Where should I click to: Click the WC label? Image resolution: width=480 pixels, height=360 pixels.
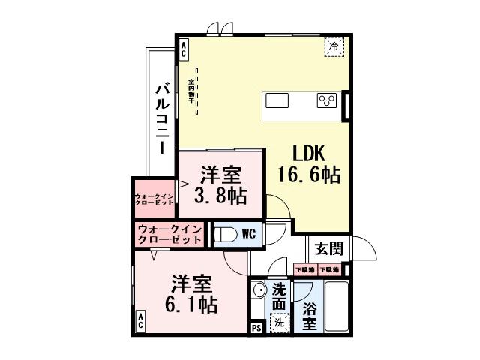[x=248, y=234]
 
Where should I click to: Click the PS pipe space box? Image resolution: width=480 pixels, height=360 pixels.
[x=256, y=326]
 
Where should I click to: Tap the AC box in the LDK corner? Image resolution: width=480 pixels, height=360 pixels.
[x=183, y=49]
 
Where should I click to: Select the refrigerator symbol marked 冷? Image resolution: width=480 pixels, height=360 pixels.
[x=334, y=46]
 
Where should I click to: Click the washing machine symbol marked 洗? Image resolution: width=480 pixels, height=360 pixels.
[x=277, y=323]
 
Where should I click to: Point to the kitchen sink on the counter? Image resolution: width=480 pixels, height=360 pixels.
[x=276, y=101]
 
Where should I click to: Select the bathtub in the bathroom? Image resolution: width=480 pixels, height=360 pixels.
[x=334, y=306]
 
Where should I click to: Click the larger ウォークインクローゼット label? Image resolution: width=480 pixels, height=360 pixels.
[x=169, y=234]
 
